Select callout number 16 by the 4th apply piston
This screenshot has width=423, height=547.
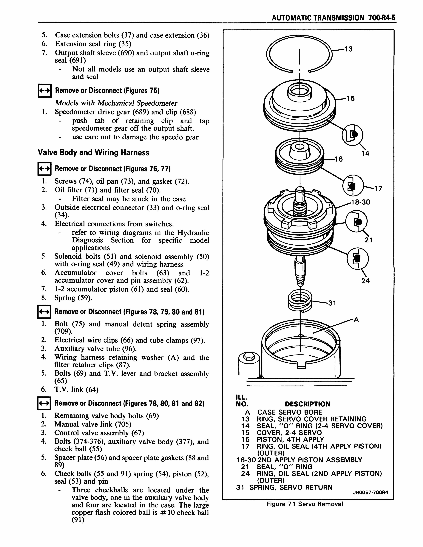[x=339, y=159]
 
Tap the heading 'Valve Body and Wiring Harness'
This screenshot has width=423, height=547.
[x=93, y=153]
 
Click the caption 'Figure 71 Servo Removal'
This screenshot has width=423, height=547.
[x=305, y=504]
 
